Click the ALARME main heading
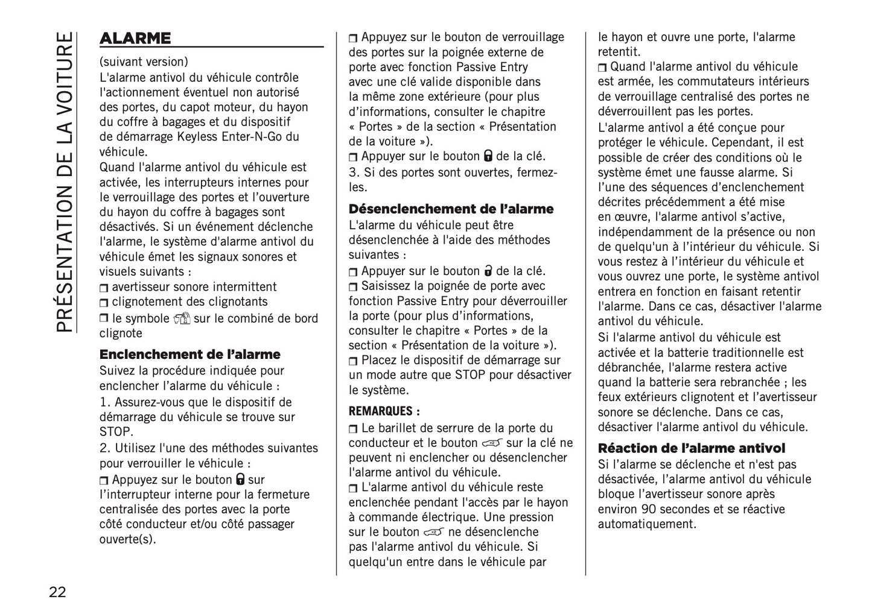[135, 39]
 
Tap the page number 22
[58, 592]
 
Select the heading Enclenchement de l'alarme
[189, 355]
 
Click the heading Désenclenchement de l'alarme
[451, 209]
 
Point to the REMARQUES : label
[384, 411]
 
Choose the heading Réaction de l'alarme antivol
[691, 448]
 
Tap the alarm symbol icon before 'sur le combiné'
[182, 318]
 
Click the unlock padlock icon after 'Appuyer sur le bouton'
[488, 271]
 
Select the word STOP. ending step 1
[116, 432]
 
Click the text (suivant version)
[144, 62]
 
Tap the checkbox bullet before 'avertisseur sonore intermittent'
[104, 288]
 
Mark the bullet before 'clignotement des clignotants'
[104, 303]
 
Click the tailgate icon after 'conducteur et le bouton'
[492, 443]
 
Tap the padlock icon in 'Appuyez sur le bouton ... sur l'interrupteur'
[240, 479]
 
